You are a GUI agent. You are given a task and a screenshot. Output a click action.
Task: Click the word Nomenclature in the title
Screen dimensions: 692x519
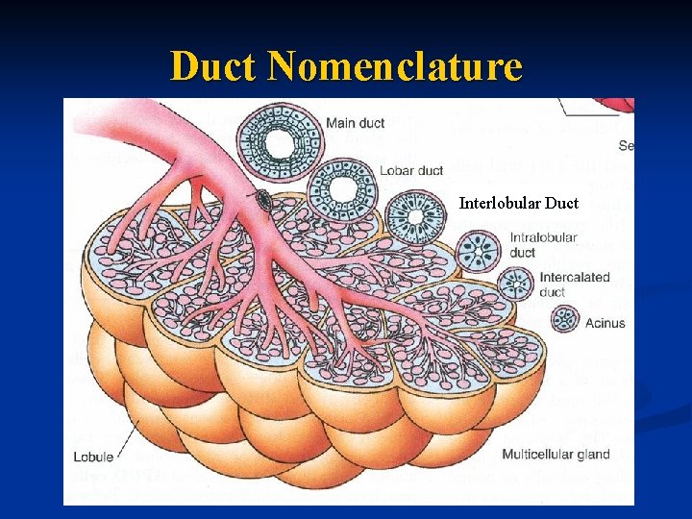(395, 66)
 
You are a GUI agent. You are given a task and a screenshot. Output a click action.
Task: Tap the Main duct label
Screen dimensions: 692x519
(355, 123)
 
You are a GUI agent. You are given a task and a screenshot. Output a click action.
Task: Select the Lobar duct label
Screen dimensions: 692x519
(412, 171)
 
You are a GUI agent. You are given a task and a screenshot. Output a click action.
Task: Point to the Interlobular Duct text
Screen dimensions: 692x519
(518, 203)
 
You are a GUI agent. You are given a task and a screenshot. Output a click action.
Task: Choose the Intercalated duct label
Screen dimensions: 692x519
(574, 284)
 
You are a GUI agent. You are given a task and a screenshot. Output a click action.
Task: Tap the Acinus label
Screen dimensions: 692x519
(605, 323)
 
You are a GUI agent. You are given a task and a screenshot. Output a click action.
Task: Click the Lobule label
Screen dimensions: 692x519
(93, 457)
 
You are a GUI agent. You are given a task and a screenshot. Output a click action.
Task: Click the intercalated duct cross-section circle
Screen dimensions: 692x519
(518, 284)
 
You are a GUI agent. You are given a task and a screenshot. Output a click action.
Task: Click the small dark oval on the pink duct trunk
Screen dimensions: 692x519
(262, 199)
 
